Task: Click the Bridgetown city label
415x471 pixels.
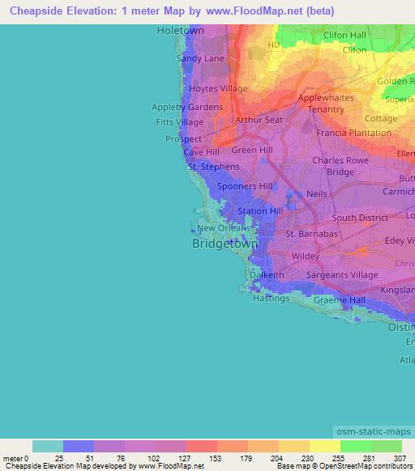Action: point(225,243)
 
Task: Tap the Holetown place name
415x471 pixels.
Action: point(180,31)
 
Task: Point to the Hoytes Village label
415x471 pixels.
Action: point(218,89)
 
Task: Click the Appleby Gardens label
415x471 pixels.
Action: point(187,107)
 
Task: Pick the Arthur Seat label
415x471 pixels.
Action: point(258,120)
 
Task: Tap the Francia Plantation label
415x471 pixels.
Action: point(353,133)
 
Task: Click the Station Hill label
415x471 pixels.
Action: point(259,211)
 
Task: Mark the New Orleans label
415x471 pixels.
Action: point(225,228)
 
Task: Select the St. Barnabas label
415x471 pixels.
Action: point(310,235)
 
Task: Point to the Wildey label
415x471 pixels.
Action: point(306,256)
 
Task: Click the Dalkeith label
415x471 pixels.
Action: point(267,275)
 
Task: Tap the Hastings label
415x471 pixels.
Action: point(271,298)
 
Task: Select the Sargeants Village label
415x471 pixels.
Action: point(342,275)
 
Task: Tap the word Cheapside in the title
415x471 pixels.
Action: point(38,11)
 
